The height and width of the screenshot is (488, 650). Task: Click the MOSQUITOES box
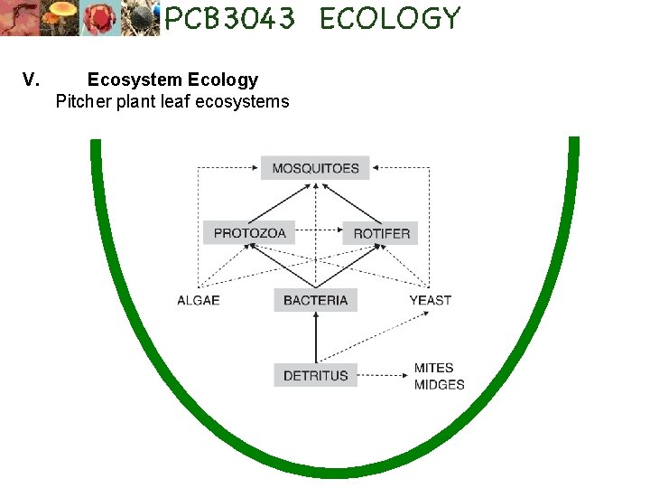pyautogui.click(x=315, y=168)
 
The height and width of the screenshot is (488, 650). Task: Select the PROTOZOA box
pyautogui.click(x=249, y=233)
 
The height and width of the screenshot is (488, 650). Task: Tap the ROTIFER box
pyautogui.click(x=381, y=233)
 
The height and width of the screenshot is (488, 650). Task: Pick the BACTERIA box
pyautogui.click(x=315, y=300)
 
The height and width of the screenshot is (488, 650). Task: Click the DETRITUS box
pyautogui.click(x=315, y=375)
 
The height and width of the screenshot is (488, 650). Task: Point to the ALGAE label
pyautogui.click(x=199, y=300)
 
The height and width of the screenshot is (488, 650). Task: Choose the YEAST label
pyautogui.click(x=430, y=300)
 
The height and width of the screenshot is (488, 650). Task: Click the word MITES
pyautogui.click(x=433, y=368)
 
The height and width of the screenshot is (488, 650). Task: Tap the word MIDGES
pyautogui.click(x=439, y=384)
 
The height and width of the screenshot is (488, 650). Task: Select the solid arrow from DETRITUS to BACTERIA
pyautogui.click(x=315, y=337)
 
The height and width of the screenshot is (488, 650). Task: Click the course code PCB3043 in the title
pyautogui.click(x=229, y=18)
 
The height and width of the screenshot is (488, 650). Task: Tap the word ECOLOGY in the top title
pyautogui.click(x=389, y=18)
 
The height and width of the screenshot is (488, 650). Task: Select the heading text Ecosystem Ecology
pyautogui.click(x=172, y=80)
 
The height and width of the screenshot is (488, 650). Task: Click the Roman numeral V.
pyautogui.click(x=31, y=80)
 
